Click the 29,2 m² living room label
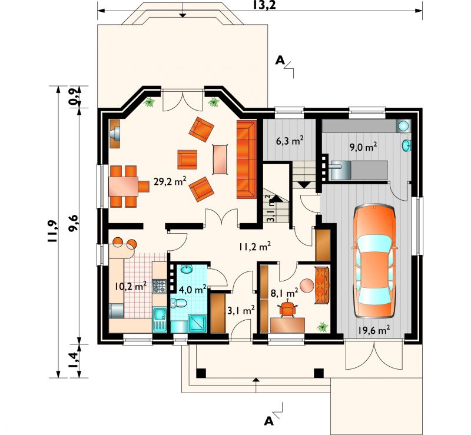pyautogui.click(x=170, y=181)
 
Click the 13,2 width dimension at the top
pyautogui.click(x=264, y=5)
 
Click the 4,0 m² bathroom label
pyautogui.click(x=193, y=290)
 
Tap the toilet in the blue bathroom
pyautogui.click(x=178, y=303)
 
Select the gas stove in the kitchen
pyautogui.click(x=159, y=286)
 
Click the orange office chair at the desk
pyautogui.click(x=288, y=308)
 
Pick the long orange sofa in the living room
pyautogui.click(x=247, y=159)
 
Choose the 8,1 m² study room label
pyautogui.click(x=284, y=293)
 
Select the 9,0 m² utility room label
pyautogui.click(x=363, y=147)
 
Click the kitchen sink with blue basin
pyautogui.click(x=160, y=320)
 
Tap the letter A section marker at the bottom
pyautogui.click(x=269, y=421)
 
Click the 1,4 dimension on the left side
pyautogui.click(x=73, y=360)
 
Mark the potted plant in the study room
pyautogui.click(x=322, y=327)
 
